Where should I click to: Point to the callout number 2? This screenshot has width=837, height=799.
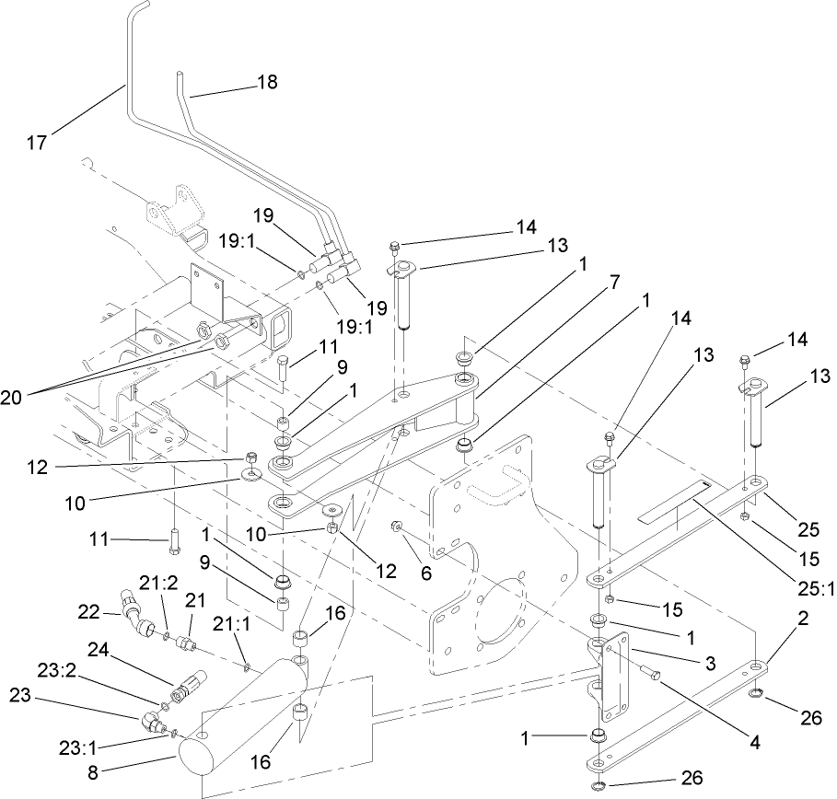click(x=803, y=619)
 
